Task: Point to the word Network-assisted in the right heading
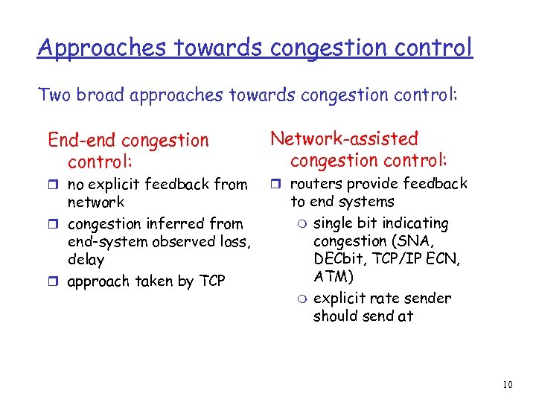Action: click(x=344, y=138)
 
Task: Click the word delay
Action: click(x=86, y=260)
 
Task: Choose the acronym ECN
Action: click(x=444, y=259)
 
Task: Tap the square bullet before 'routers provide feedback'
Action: click(x=275, y=184)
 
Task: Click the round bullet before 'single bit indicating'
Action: click(x=301, y=224)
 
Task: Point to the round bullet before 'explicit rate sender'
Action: click(x=301, y=299)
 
